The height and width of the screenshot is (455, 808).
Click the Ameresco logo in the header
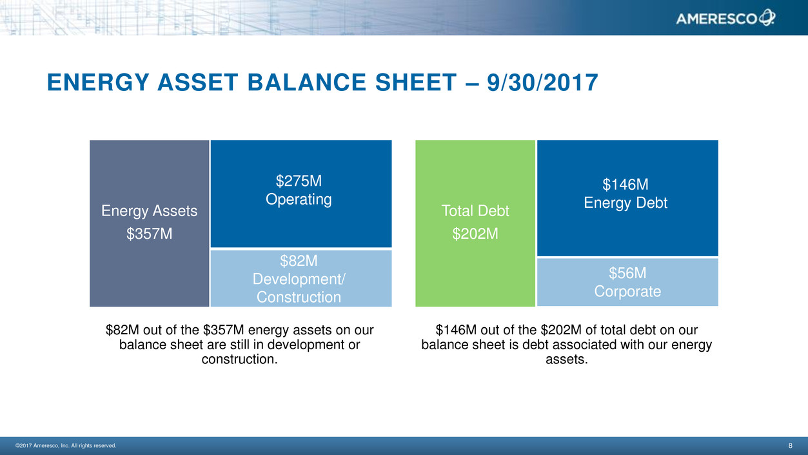click(x=725, y=18)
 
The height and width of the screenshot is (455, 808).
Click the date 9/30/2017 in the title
click(x=542, y=83)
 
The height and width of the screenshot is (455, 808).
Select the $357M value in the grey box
click(x=150, y=234)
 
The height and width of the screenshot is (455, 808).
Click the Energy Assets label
click(x=150, y=211)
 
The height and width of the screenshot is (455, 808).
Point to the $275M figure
click(x=299, y=181)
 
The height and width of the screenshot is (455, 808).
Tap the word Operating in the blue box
click(x=299, y=199)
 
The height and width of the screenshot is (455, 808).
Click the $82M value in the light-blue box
click(x=299, y=261)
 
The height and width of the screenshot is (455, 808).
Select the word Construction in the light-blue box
click(x=299, y=297)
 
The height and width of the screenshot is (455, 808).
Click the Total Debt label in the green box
click(x=475, y=211)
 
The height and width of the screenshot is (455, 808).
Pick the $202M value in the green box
click(x=475, y=234)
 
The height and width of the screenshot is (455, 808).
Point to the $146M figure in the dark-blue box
click(x=626, y=184)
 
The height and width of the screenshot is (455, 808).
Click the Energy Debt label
click(x=626, y=203)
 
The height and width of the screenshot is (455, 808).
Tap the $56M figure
click(x=627, y=273)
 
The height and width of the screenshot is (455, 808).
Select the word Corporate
click(x=627, y=292)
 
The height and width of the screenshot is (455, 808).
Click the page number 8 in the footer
click(x=791, y=445)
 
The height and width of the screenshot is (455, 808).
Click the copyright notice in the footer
click(x=66, y=445)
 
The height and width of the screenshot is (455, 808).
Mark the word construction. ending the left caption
click(x=239, y=359)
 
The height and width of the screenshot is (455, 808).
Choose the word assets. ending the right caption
click(x=567, y=359)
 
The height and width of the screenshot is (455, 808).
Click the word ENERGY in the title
click(x=98, y=83)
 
